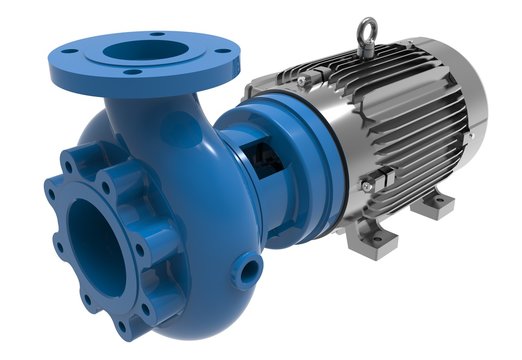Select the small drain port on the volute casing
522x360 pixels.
pos(247,267)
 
